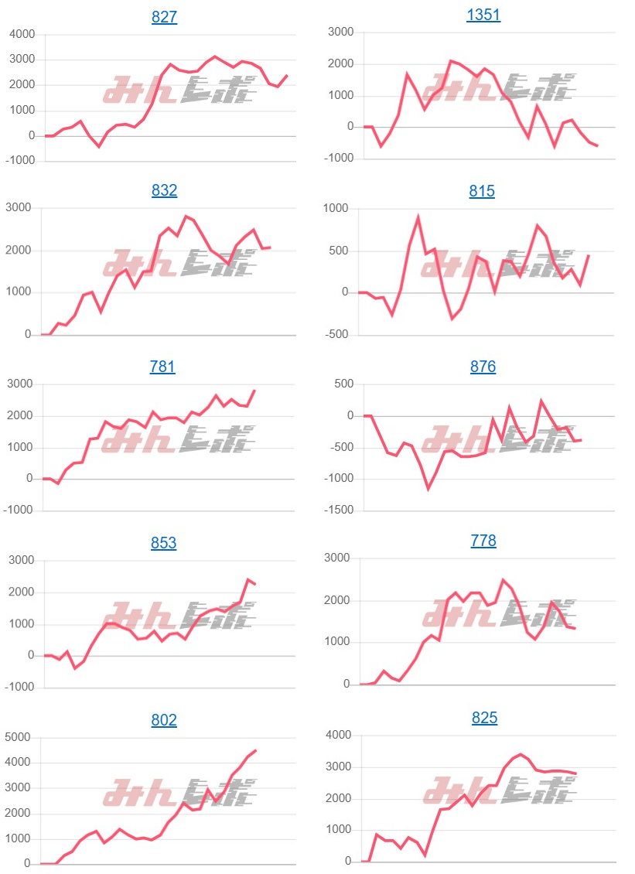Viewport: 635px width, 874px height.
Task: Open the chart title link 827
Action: click(x=164, y=17)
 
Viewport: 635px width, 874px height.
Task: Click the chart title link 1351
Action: click(x=483, y=15)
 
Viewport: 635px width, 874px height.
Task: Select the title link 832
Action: click(x=164, y=190)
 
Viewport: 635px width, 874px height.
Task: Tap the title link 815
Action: click(x=482, y=191)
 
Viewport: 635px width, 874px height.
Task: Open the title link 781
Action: click(x=162, y=367)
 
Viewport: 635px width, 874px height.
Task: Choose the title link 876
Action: click(x=483, y=367)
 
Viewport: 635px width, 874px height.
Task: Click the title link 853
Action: click(x=164, y=543)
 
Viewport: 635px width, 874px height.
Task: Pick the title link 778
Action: click(x=483, y=541)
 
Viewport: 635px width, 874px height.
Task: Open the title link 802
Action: click(x=164, y=720)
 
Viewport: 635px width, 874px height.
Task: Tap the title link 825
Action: click(x=484, y=719)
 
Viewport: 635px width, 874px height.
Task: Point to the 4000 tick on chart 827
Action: click(x=22, y=34)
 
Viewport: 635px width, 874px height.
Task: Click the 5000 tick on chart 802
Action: click(x=19, y=737)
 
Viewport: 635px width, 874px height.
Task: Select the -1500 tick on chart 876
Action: click(x=338, y=510)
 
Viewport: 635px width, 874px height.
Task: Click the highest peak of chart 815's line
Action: click(x=418, y=218)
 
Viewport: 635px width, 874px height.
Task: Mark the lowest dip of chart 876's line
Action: click(x=428, y=489)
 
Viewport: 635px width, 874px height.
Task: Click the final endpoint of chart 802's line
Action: click(x=256, y=750)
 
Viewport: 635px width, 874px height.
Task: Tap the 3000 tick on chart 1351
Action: click(x=340, y=32)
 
